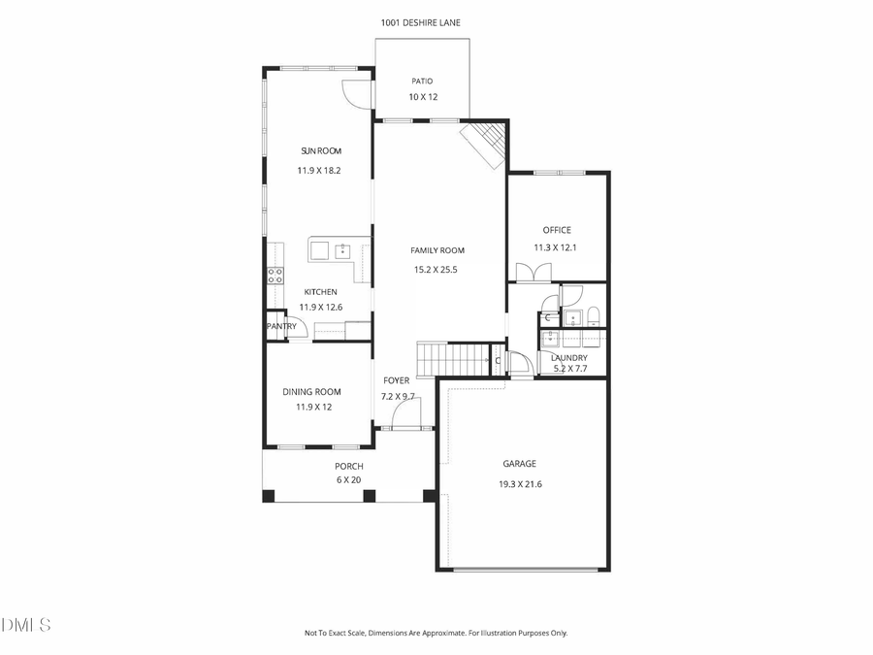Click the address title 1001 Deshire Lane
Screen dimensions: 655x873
[421, 21]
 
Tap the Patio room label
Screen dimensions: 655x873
[421, 82]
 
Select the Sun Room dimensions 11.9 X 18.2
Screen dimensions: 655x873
[319, 170]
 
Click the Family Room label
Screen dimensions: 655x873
[437, 250]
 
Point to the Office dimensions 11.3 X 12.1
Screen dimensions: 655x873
[556, 247]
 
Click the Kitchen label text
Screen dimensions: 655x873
[321, 292]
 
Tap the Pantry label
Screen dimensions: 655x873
[281, 327]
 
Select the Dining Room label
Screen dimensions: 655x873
[311, 392]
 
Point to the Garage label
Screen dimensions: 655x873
[519, 464]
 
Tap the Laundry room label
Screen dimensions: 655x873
[569, 357]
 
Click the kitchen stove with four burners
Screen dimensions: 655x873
[275, 275]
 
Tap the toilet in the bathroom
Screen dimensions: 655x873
[594, 315]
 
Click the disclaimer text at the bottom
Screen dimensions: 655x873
[436, 633]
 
